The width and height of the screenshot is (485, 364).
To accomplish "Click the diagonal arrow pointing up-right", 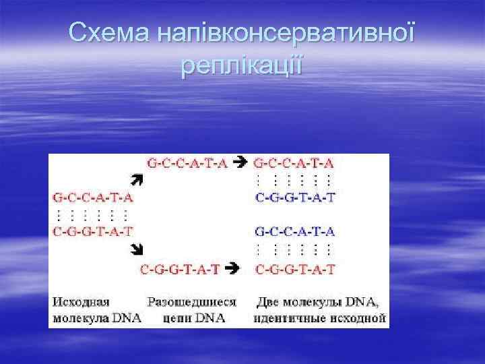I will pos(137,180).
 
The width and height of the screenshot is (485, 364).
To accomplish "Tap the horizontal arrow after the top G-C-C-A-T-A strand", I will pos(239,162).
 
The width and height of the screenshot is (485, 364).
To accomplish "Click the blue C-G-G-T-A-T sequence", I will pos(294,198).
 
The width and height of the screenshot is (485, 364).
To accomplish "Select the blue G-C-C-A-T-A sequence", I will pos(294,232).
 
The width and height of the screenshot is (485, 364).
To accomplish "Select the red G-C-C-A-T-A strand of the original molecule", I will pos(92,198).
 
